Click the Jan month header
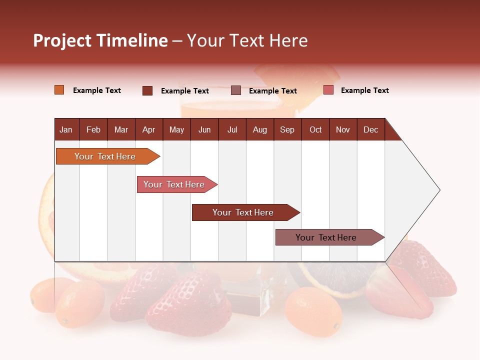click(66, 129)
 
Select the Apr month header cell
click(148, 129)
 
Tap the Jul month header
click(232, 129)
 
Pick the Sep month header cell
click(287, 129)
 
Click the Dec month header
click(370, 129)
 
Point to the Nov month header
click(342, 129)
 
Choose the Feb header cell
click(93, 129)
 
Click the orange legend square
click(59, 90)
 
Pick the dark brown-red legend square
click(147, 90)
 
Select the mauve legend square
click(236, 90)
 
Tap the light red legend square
click(328, 90)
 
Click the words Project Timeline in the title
click(100, 40)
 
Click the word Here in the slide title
click(288, 40)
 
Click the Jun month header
click(204, 129)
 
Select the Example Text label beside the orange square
click(97, 90)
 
